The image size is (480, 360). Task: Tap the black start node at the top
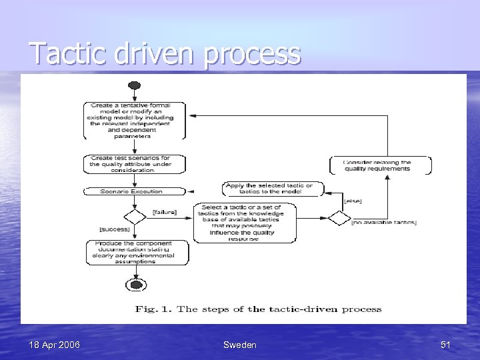(134, 85)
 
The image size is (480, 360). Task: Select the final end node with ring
(135, 285)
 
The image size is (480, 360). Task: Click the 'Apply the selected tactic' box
(272, 189)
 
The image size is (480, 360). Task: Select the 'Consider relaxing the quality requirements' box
(381, 165)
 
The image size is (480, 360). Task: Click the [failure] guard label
(164, 212)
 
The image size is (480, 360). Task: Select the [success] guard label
(115, 230)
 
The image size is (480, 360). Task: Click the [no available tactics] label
(385, 223)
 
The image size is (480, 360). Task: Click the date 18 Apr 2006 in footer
(55, 345)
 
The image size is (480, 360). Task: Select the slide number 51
(445, 345)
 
